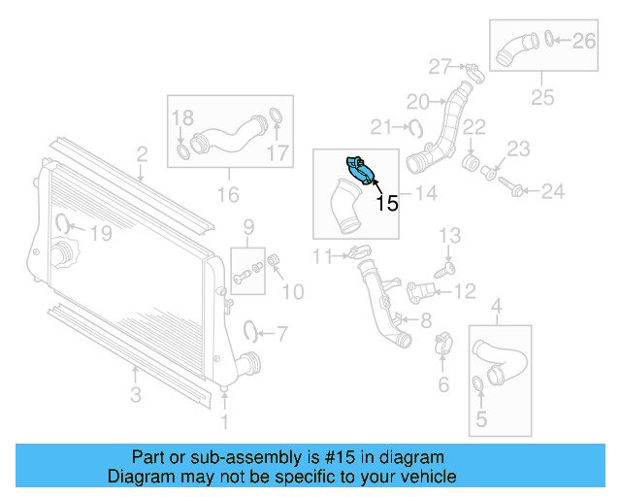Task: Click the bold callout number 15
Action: click(387, 204)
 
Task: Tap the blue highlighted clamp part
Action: click(362, 172)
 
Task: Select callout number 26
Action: click(583, 41)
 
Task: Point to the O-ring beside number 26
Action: click(550, 40)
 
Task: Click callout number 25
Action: click(541, 97)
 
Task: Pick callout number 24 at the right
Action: click(552, 192)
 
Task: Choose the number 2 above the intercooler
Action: click(142, 153)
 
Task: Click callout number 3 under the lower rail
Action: click(136, 394)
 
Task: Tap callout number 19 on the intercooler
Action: click(100, 233)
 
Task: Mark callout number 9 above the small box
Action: click(248, 227)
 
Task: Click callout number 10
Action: click(292, 290)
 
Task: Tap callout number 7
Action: click(280, 335)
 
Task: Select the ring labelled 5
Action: click(479, 388)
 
